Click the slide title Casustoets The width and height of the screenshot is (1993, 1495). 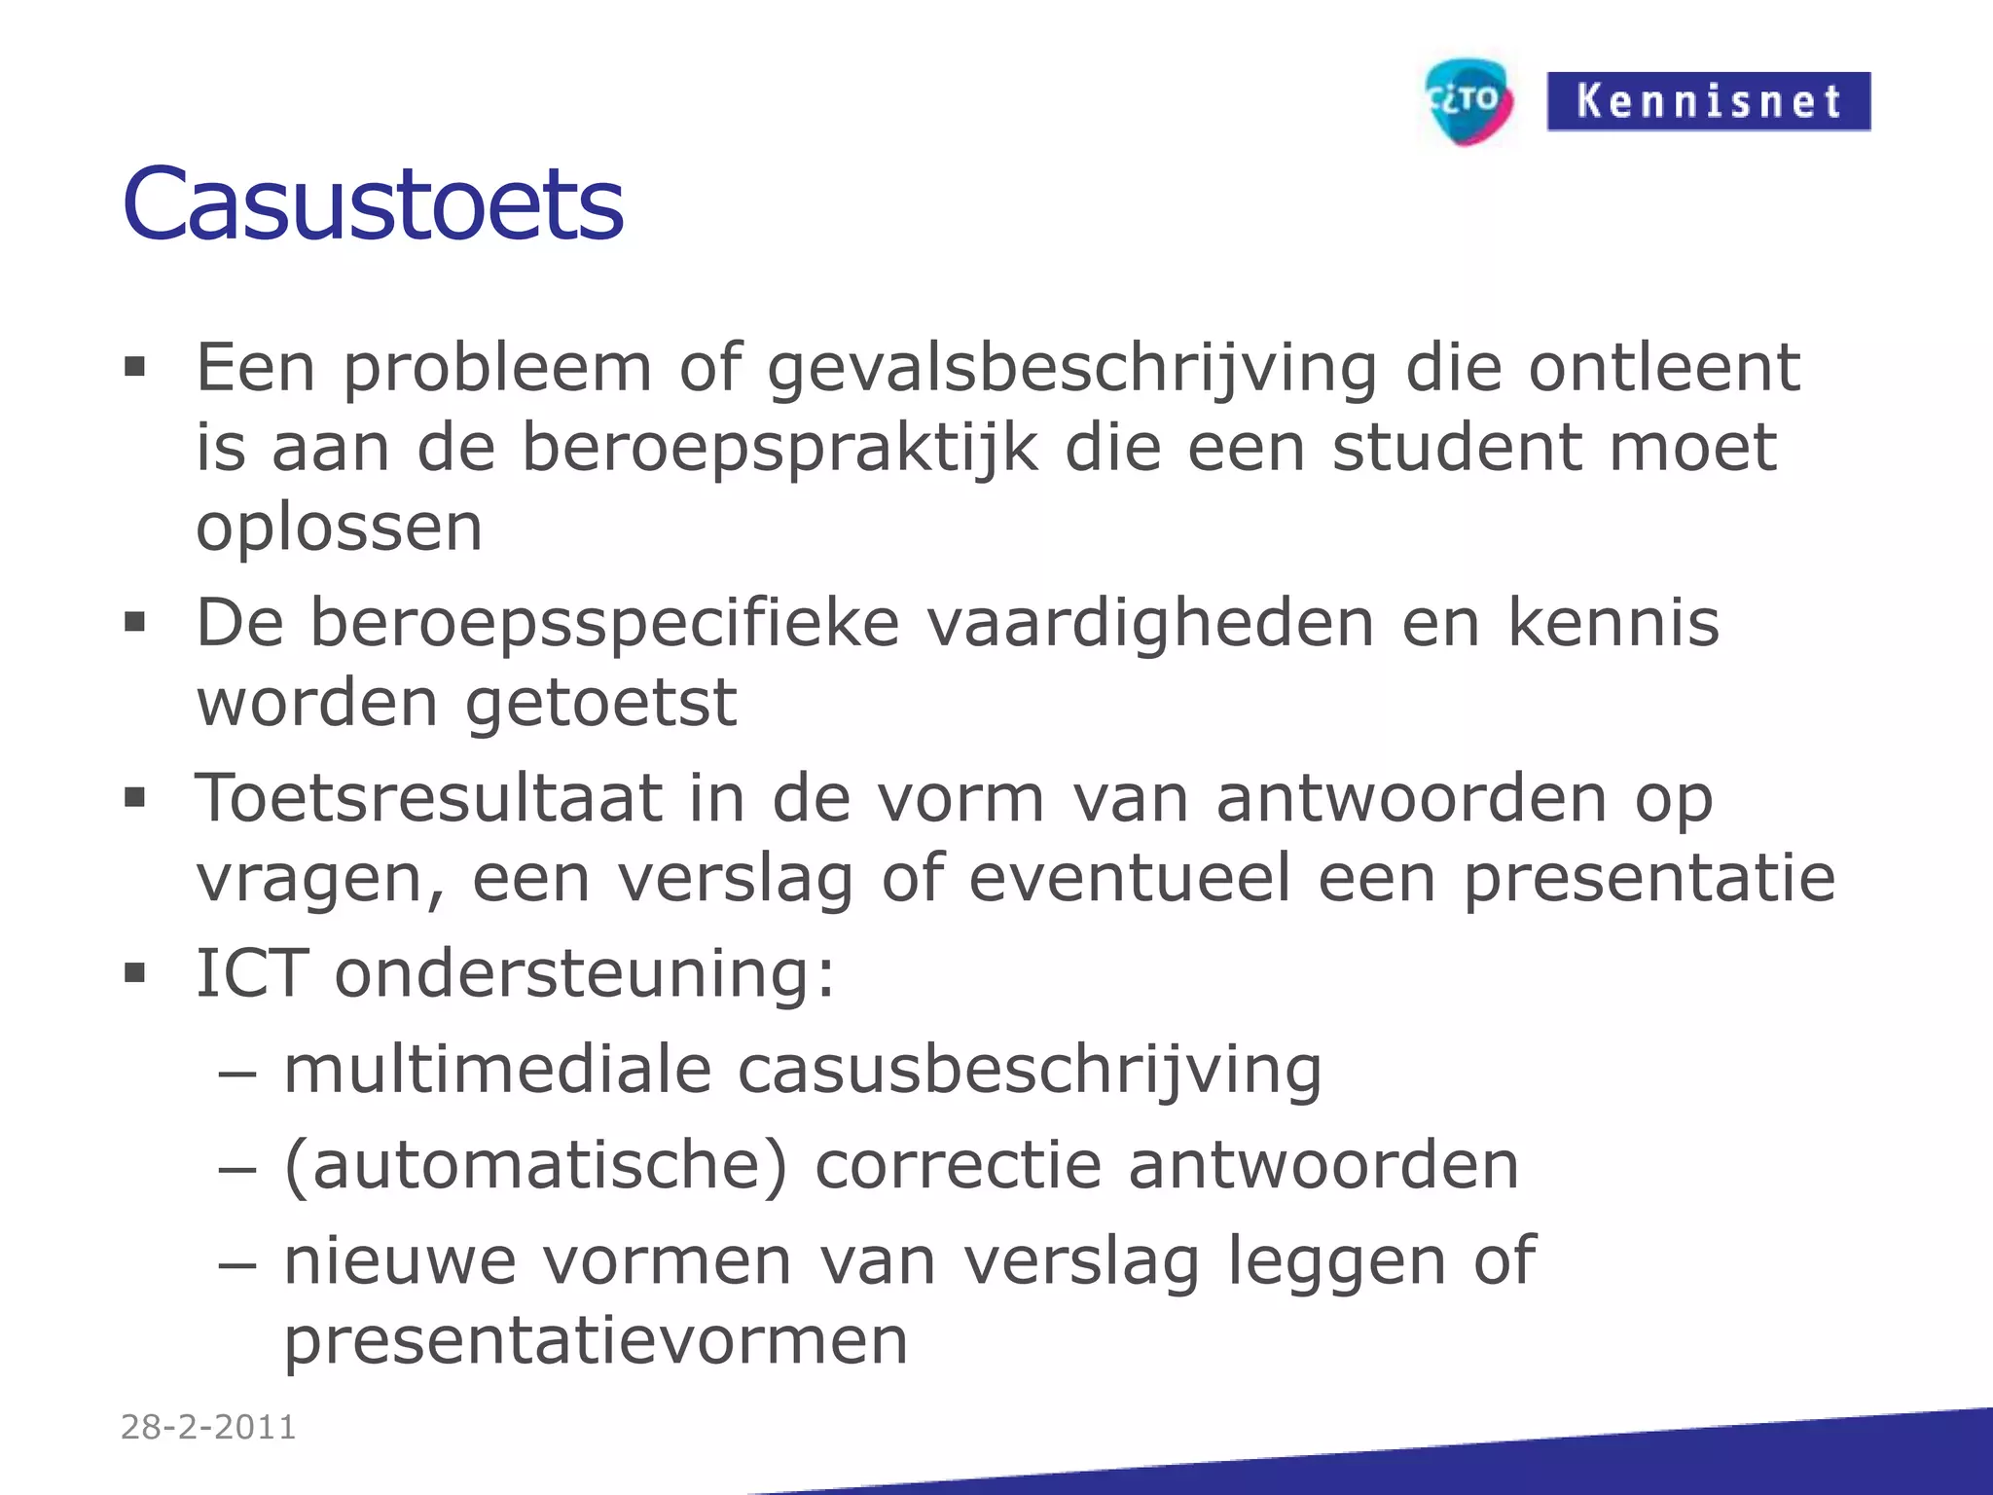pyautogui.click(x=373, y=204)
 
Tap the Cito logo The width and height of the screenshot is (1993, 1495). pyautogui.click(x=1468, y=101)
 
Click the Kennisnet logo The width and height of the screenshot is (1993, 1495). pyautogui.click(x=1708, y=101)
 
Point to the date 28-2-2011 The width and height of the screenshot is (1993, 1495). pyautogui.click(x=208, y=1427)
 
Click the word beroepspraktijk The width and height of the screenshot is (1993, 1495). pyautogui.click(x=779, y=450)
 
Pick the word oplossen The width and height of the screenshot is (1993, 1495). pyautogui.click(x=340, y=528)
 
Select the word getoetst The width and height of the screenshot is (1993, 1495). pyautogui.click(x=600, y=703)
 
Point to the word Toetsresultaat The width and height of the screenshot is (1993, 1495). pyautogui.click(x=428, y=798)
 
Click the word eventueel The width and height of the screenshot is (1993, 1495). pyautogui.click(x=1130, y=878)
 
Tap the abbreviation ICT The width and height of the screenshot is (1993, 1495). pyautogui.click(x=252, y=972)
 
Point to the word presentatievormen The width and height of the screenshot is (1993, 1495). pyautogui.click(x=596, y=1341)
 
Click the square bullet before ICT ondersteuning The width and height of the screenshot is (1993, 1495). pyautogui.click(x=134, y=972)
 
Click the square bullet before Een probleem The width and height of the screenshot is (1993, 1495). pyautogui.click(x=134, y=367)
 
